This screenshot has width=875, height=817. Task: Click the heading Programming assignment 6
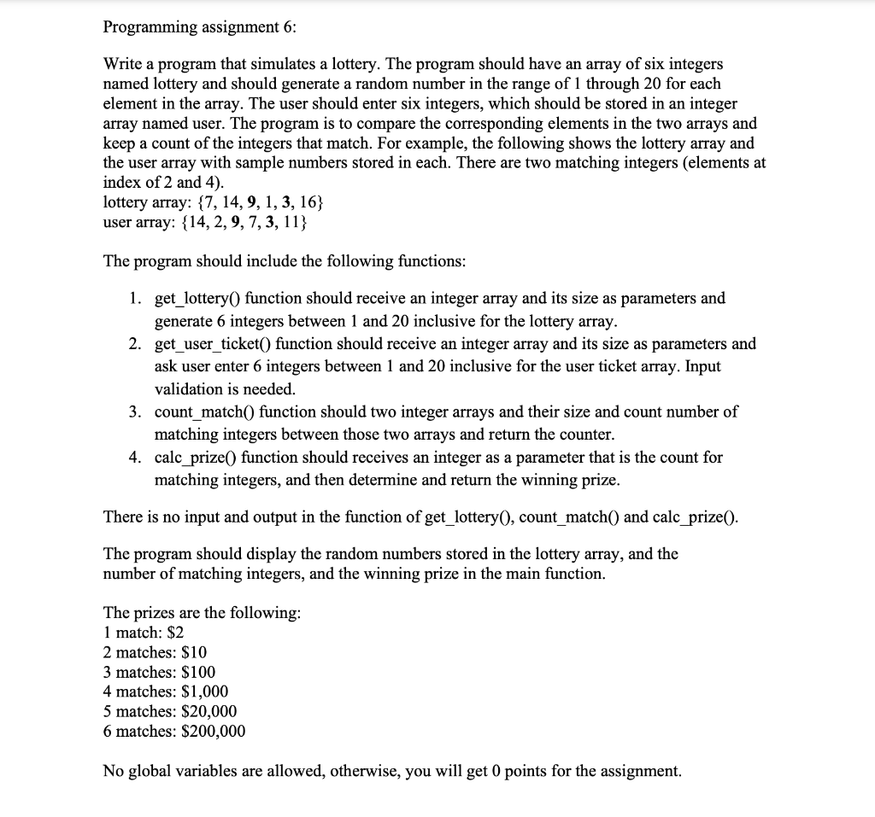pos(199,26)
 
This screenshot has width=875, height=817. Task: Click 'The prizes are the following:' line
pos(202,613)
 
